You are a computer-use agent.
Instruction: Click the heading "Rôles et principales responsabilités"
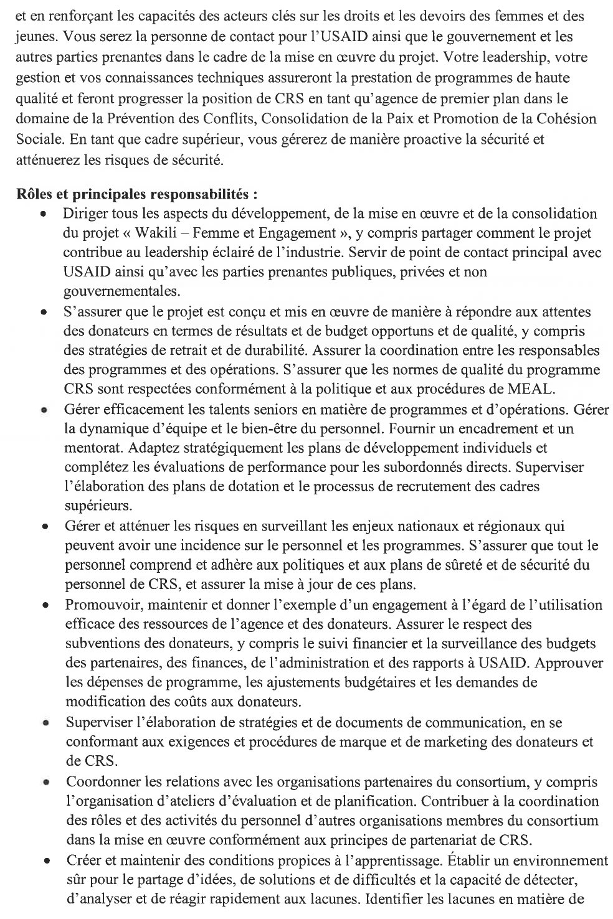point(136,193)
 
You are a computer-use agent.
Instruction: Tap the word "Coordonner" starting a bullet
point(99,781)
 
